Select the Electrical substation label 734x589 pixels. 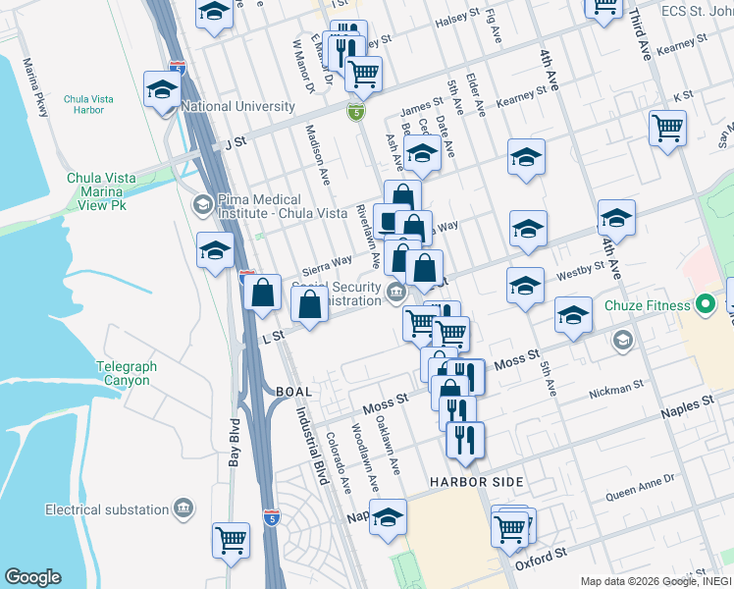pos(107,509)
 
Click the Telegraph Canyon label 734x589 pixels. pos(127,373)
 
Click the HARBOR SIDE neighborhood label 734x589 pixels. pos(476,482)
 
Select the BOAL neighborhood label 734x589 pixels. pos(293,392)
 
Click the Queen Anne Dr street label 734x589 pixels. pos(641,482)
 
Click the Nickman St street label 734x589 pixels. pos(615,390)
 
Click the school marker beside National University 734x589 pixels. pos(162,89)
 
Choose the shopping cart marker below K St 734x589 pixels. pos(667,127)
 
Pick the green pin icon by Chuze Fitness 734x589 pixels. pos(705,305)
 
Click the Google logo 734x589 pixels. pos(32,577)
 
